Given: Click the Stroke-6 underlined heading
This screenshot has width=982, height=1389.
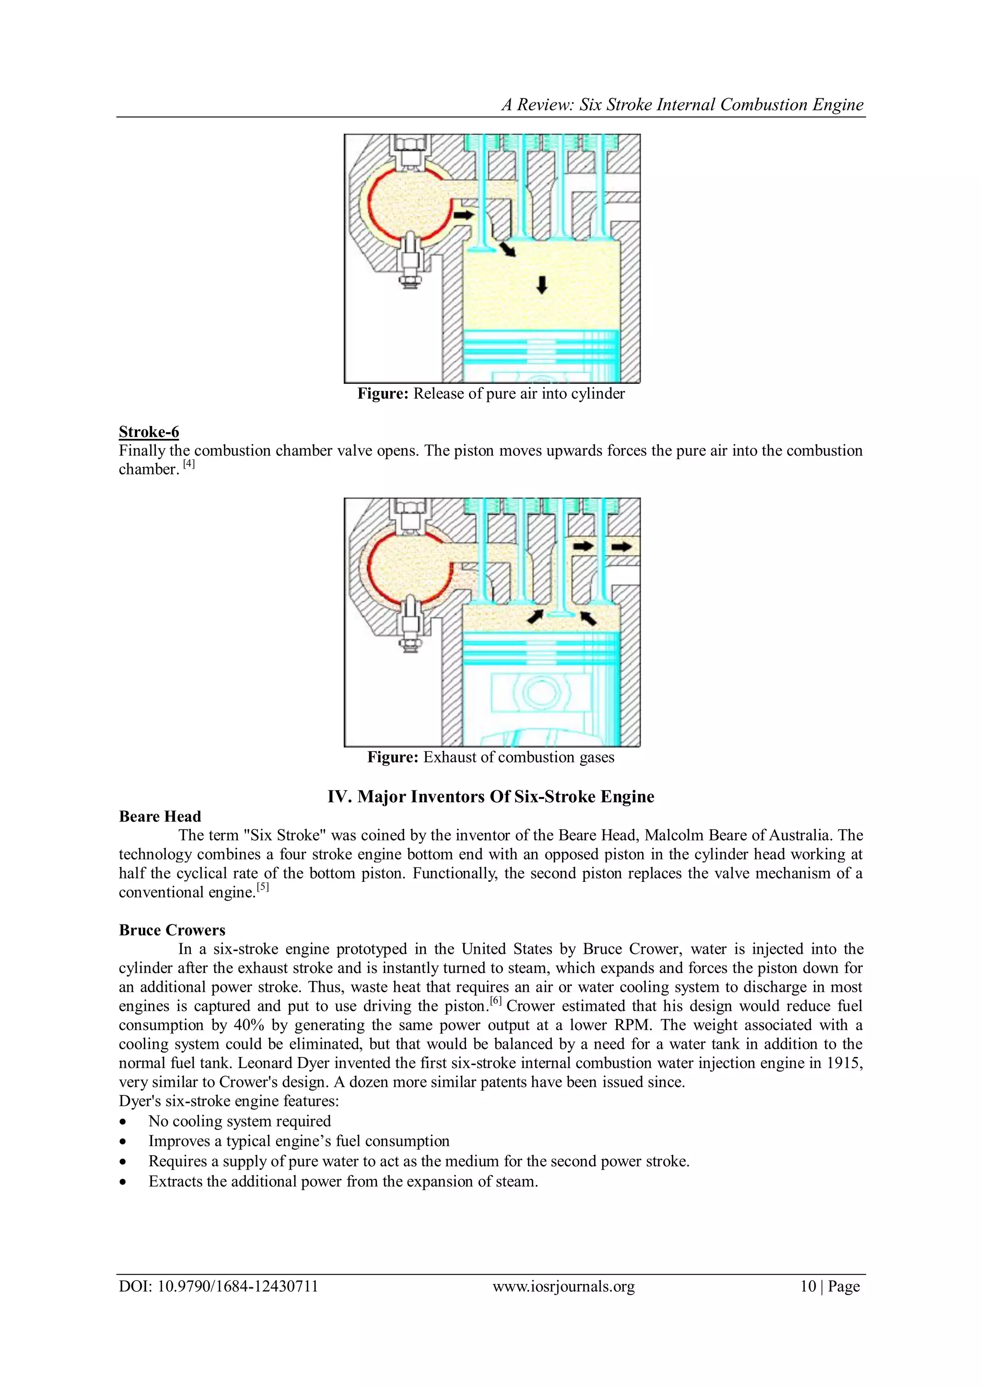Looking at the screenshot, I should (x=149, y=432).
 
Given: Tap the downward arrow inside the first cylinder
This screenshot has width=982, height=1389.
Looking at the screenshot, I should (x=542, y=285).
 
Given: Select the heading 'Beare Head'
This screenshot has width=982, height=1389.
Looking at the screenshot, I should (x=160, y=817).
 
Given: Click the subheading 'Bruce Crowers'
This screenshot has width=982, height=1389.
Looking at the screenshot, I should (x=172, y=930).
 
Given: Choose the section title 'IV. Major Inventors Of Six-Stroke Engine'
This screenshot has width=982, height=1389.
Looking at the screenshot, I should (x=491, y=797).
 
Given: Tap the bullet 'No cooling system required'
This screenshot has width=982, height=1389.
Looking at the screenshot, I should (x=239, y=1121).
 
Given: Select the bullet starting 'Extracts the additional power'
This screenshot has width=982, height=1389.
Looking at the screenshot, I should (x=343, y=1182).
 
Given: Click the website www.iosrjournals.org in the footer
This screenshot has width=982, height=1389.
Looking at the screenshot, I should (x=563, y=1286).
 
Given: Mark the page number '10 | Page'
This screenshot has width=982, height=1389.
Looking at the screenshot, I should (x=830, y=1286).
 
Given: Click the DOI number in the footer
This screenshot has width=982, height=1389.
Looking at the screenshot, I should (x=218, y=1286).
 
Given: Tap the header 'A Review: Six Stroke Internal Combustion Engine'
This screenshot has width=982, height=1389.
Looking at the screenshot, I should (x=682, y=105).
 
